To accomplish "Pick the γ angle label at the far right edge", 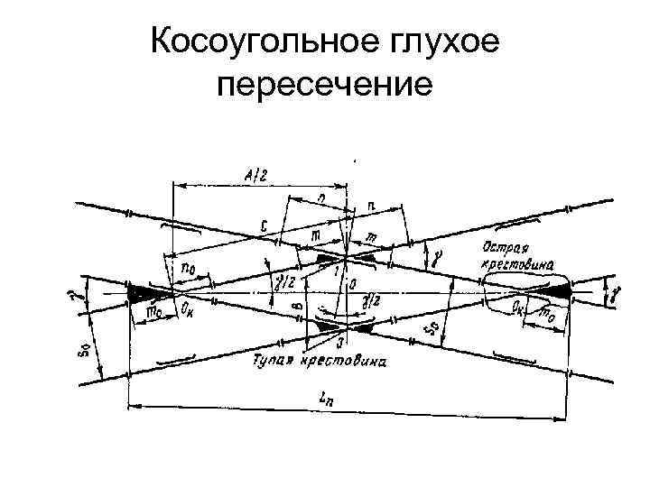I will [617, 294].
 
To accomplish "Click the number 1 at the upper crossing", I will [336, 270].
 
